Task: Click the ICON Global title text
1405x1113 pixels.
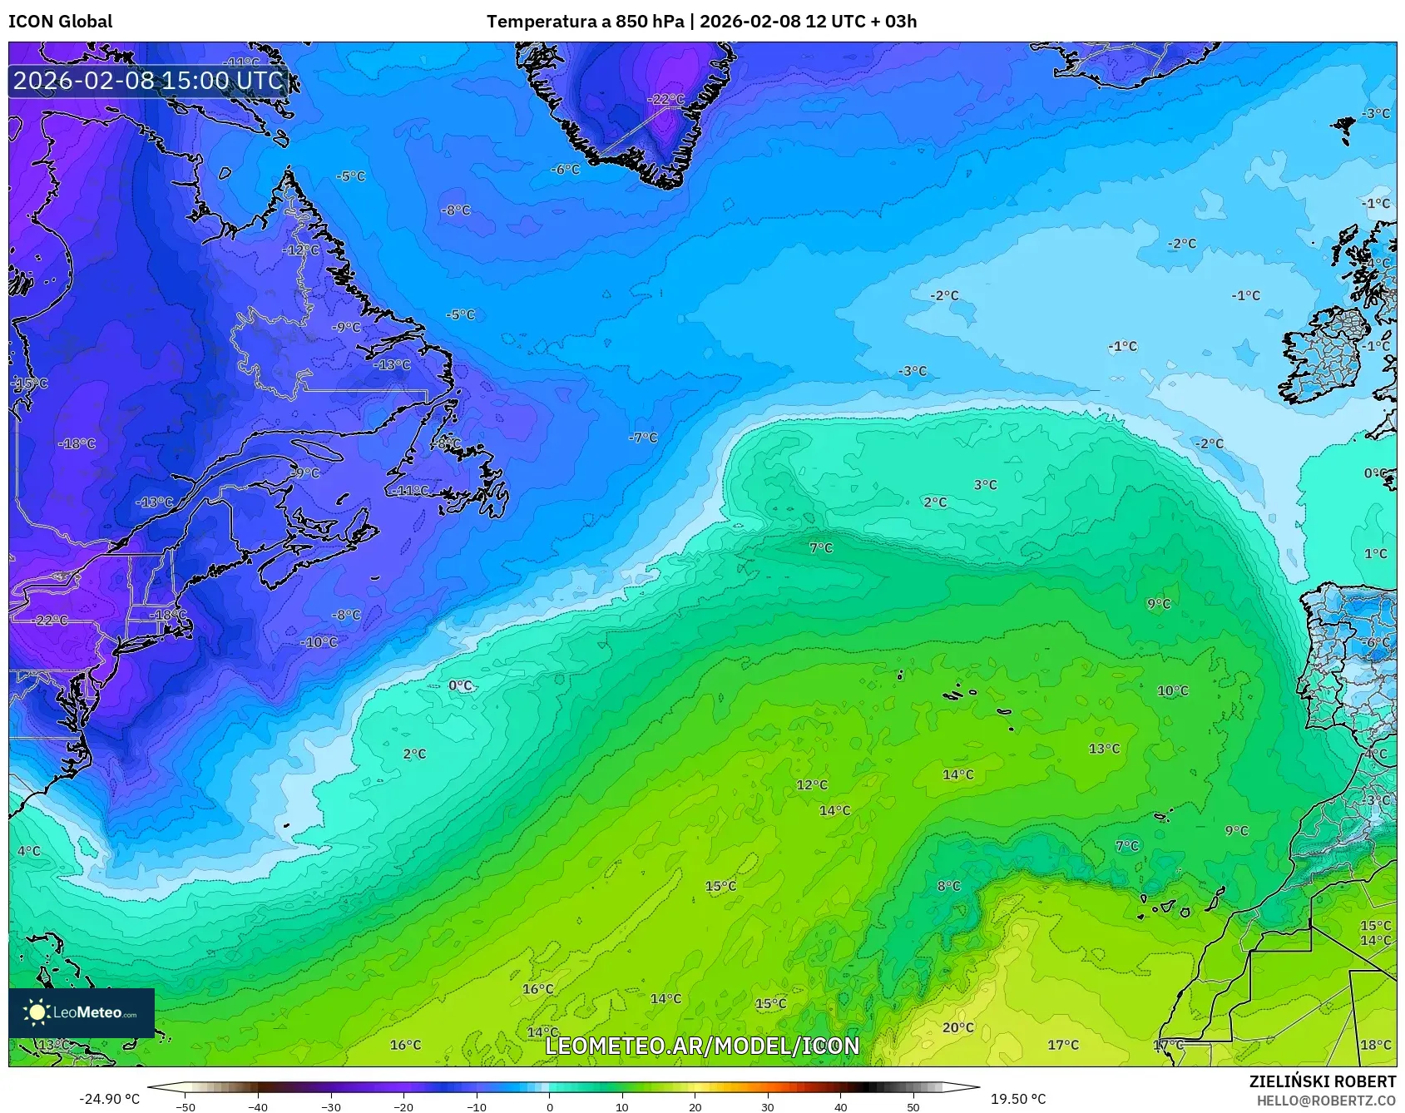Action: click(x=60, y=22)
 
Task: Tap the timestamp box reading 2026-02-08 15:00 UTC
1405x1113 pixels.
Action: click(x=148, y=81)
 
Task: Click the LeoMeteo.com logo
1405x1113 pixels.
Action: click(x=82, y=1012)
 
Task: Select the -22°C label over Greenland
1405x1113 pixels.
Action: click(x=666, y=99)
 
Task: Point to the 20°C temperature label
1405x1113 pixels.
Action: click(x=957, y=1027)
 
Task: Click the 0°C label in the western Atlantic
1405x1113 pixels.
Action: click(x=460, y=685)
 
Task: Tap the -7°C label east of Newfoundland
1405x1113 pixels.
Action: click(x=642, y=437)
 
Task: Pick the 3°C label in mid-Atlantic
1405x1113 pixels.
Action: click(x=985, y=484)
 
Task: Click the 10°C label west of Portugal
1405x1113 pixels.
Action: click(x=1172, y=690)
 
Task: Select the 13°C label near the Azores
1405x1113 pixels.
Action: click(x=1104, y=749)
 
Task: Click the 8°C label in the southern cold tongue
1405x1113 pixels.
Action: click(x=948, y=886)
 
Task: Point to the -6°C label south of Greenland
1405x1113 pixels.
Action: click(x=565, y=169)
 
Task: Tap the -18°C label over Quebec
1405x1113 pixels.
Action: click(x=77, y=443)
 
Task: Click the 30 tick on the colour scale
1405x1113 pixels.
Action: click(x=767, y=1106)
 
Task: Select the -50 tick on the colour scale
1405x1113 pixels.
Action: click(x=186, y=1106)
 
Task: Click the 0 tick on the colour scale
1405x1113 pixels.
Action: click(x=549, y=1106)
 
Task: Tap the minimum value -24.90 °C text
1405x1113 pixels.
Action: click(x=109, y=1099)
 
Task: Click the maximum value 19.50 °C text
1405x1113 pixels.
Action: click(x=1017, y=1099)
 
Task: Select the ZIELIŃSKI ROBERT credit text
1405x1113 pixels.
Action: click(x=1322, y=1081)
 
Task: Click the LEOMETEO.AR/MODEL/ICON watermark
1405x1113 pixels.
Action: click(x=702, y=1046)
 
